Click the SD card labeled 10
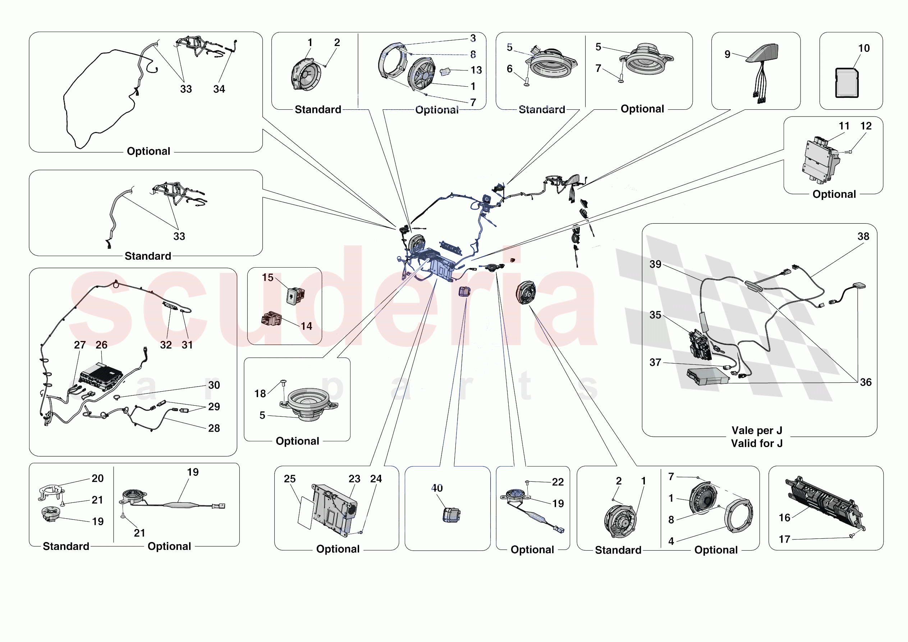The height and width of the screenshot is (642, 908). click(x=847, y=83)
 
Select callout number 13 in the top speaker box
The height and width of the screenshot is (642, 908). click(x=476, y=70)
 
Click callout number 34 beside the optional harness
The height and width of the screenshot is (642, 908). click(x=219, y=90)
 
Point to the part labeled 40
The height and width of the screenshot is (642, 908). click(x=451, y=515)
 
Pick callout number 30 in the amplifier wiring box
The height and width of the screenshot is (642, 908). click(x=214, y=385)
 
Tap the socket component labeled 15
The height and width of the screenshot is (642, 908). click(x=295, y=295)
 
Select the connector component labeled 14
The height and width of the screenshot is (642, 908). click(x=271, y=319)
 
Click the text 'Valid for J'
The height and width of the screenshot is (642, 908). click(x=757, y=444)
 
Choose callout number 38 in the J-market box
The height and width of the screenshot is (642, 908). click(x=863, y=237)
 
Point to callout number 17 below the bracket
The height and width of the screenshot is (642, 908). click(x=784, y=539)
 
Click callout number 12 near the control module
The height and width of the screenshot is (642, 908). click(x=866, y=126)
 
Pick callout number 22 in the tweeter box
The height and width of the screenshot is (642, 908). click(x=558, y=482)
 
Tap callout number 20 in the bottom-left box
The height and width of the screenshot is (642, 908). click(x=98, y=478)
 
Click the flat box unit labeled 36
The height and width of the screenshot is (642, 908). click(x=708, y=376)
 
